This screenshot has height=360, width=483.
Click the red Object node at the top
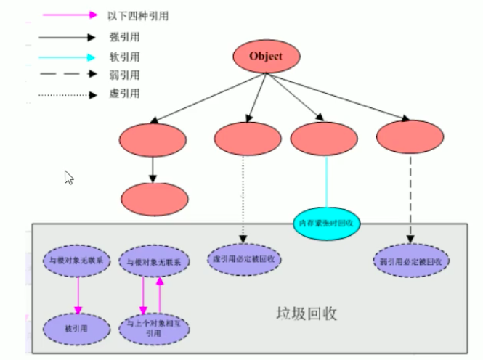click(265, 56)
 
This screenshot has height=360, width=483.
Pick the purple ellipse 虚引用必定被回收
click(243, 258)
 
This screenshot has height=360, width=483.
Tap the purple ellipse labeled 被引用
click(76, 329)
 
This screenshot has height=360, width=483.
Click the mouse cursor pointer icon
click(69, 177)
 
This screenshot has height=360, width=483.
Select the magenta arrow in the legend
click(69, 15)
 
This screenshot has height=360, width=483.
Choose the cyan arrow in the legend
click(69, 57)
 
